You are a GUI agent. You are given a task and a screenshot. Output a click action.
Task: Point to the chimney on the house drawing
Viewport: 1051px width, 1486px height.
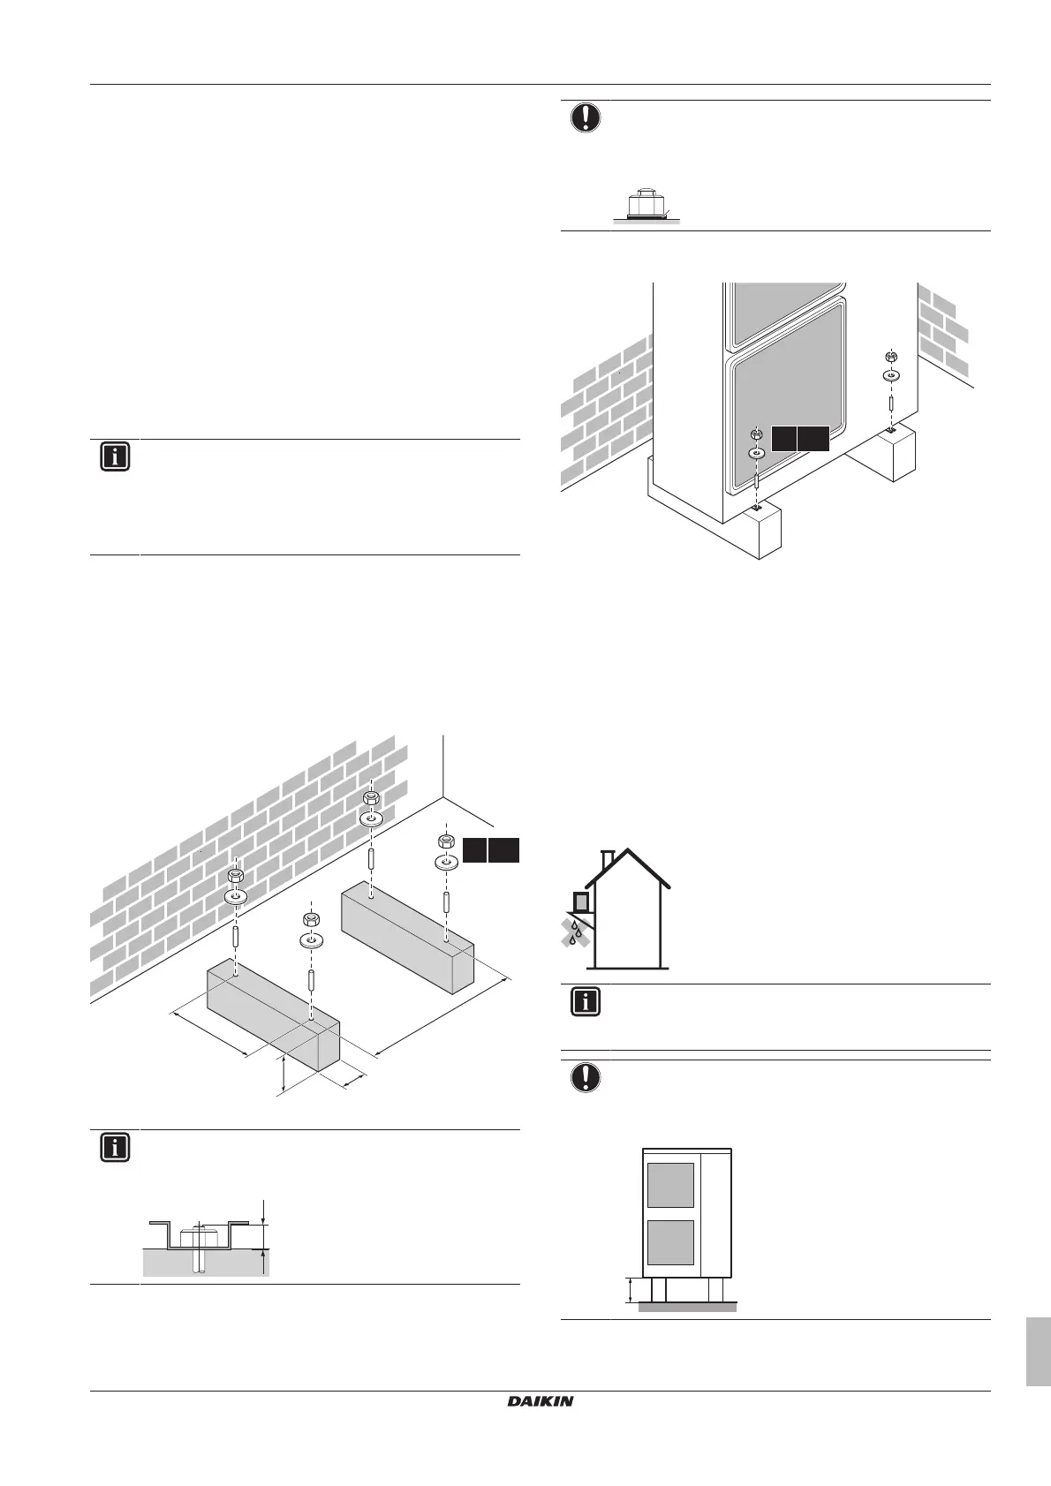[x=606, y=858]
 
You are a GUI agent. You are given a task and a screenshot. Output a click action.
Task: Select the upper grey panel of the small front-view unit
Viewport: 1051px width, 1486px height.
[x=670, y=1185]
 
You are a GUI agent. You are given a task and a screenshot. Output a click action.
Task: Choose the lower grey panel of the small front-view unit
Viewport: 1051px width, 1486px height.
[x=670, y=1241]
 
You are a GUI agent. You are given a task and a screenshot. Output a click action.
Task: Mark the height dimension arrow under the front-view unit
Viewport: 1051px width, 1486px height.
[x=630, y=1289]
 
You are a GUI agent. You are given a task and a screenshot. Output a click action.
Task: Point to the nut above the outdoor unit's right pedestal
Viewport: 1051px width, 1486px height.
[x=891, y=357]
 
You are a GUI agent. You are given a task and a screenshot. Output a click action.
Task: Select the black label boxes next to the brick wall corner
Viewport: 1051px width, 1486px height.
[x=490, y=849]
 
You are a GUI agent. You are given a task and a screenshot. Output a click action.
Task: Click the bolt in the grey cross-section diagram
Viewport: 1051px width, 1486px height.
[x=200, y=1247]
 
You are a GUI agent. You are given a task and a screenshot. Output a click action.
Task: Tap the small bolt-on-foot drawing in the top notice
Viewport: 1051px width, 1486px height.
[x=642, y=204]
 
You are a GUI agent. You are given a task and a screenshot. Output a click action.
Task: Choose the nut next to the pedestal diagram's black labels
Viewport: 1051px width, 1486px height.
[x=446, y=840]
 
